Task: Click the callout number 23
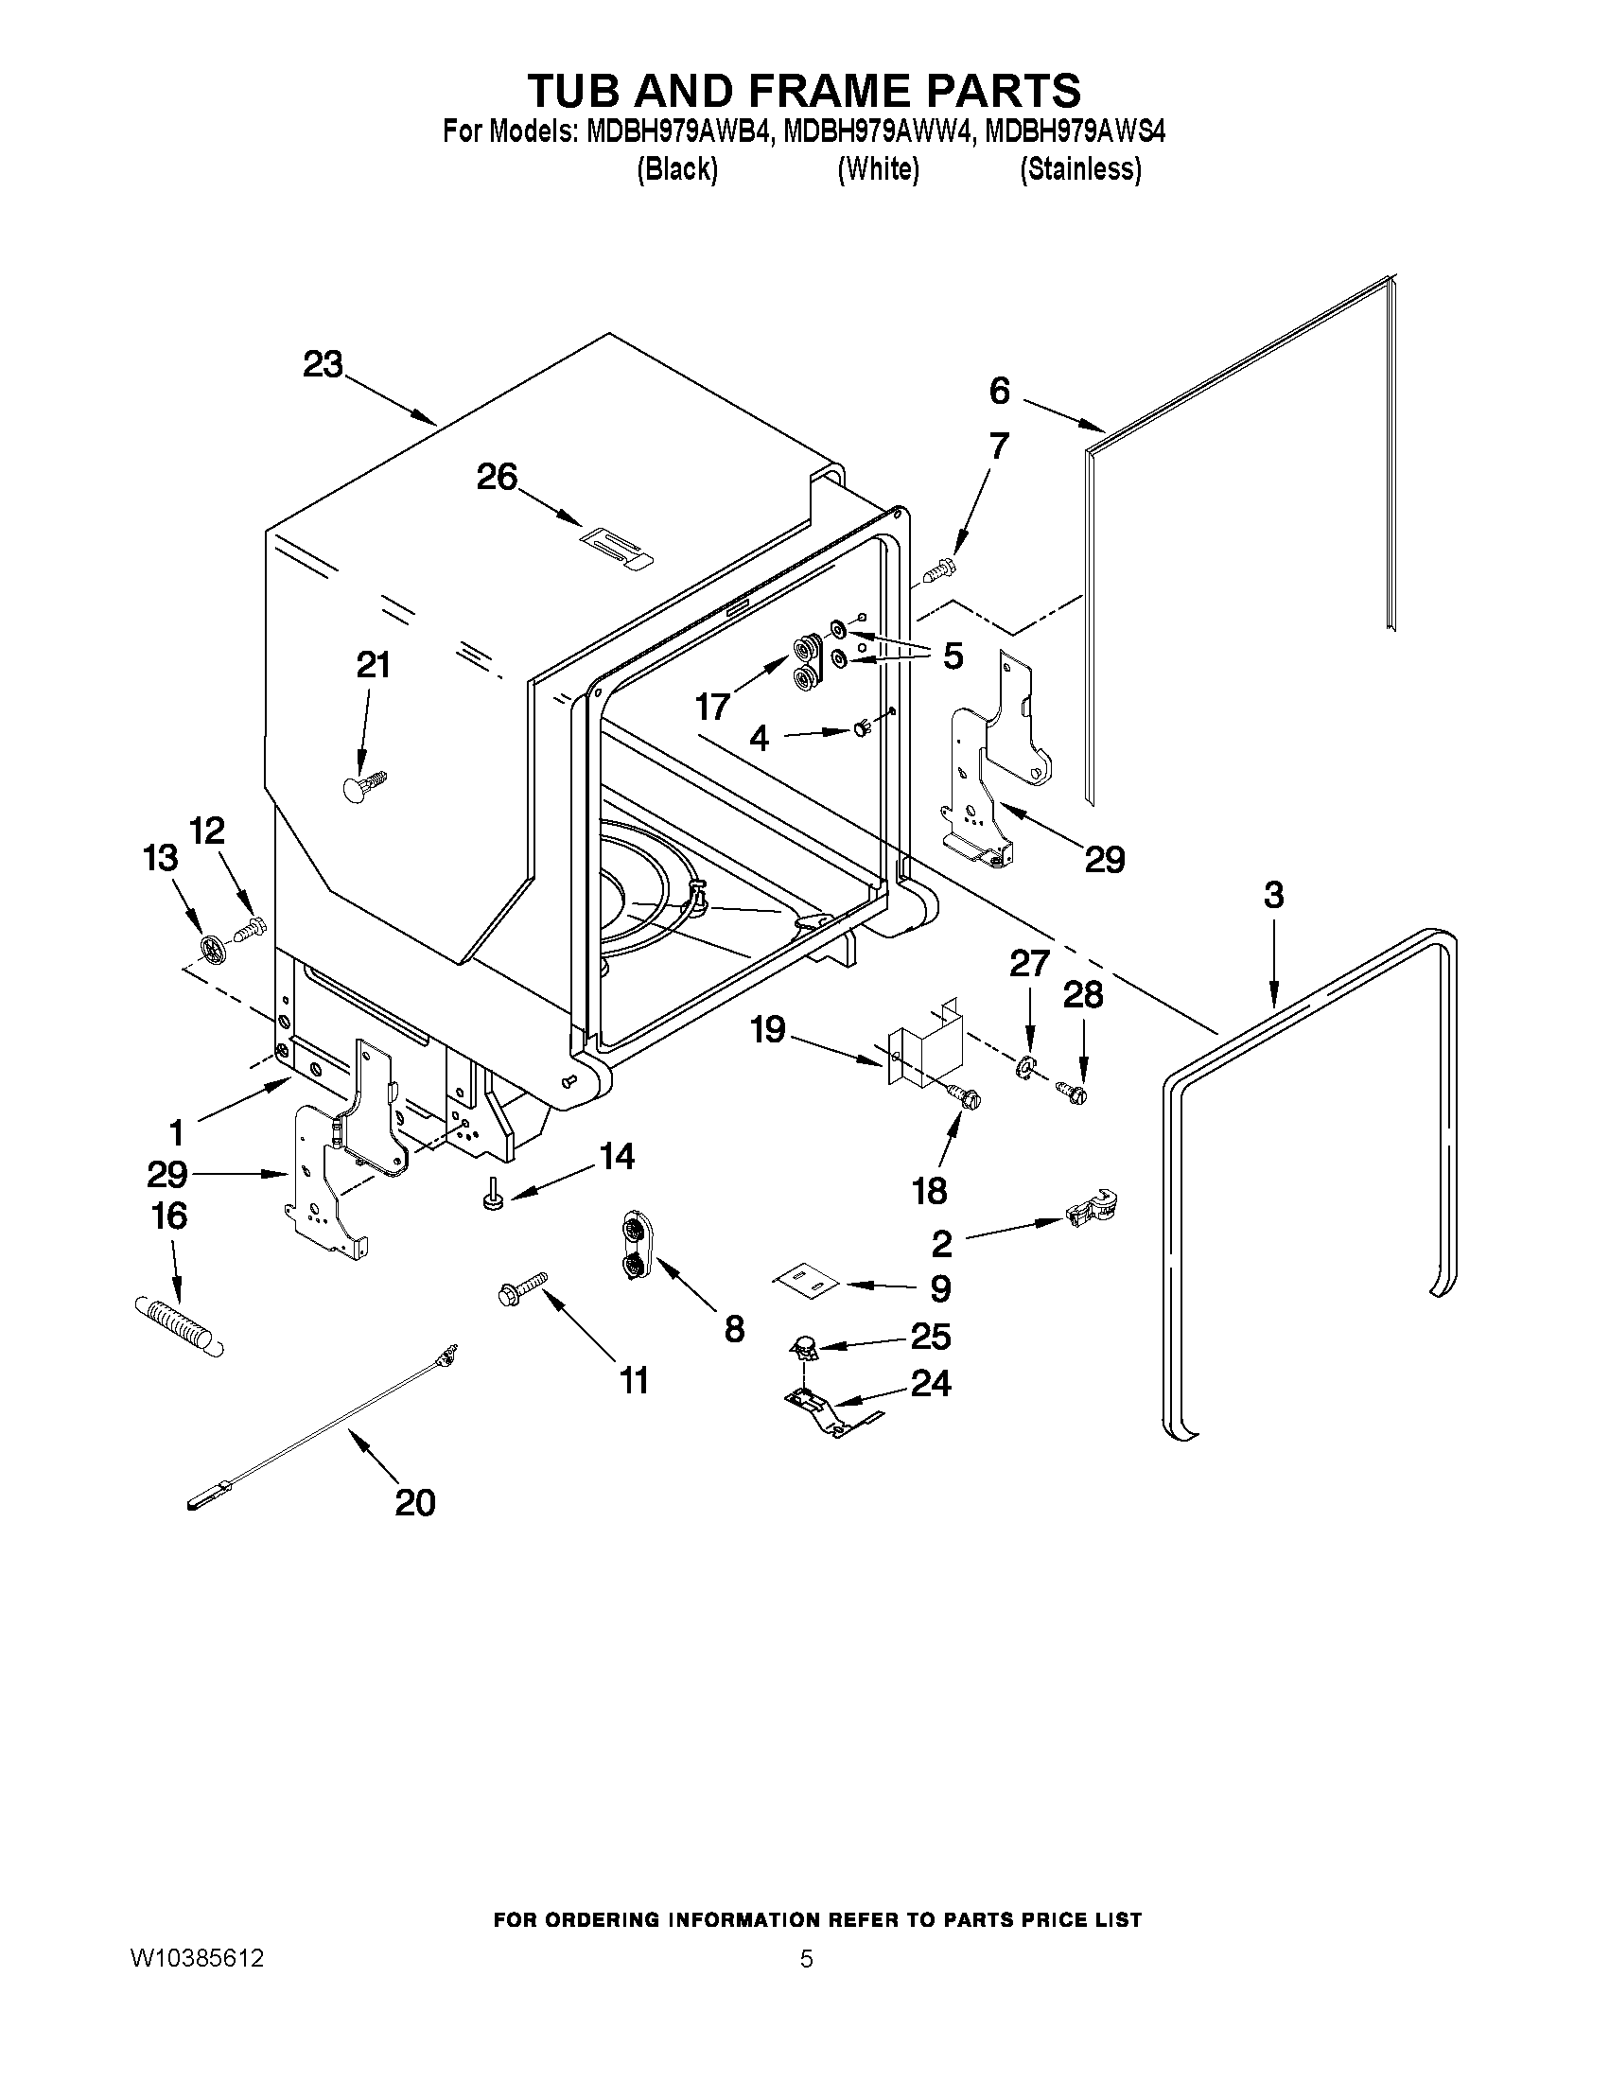(323, 365)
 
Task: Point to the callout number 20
(414, 1502)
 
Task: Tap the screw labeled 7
(942, 570)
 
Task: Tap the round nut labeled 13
(213, 947)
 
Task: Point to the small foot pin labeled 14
(493, 1196)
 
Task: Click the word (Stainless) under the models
(1080, 169)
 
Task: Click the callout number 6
(999, 390)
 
